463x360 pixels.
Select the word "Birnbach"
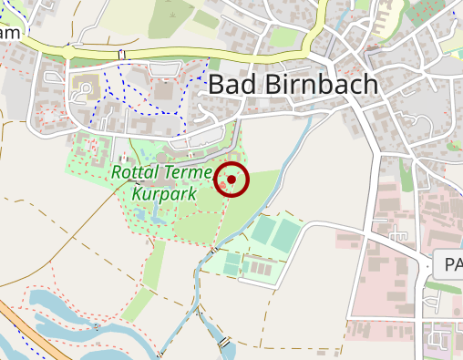pos(320,85)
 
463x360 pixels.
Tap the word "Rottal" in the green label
pos(134,172)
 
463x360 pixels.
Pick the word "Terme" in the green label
pos(187,172)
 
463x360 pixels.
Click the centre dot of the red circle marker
pos(231,180)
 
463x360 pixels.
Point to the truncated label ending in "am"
pos(10,34)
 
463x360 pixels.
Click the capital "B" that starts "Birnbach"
pos(272,85)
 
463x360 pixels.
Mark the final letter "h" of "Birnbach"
pos(368,85)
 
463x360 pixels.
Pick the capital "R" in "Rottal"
pos(116,172)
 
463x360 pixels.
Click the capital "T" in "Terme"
pos(167,172)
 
